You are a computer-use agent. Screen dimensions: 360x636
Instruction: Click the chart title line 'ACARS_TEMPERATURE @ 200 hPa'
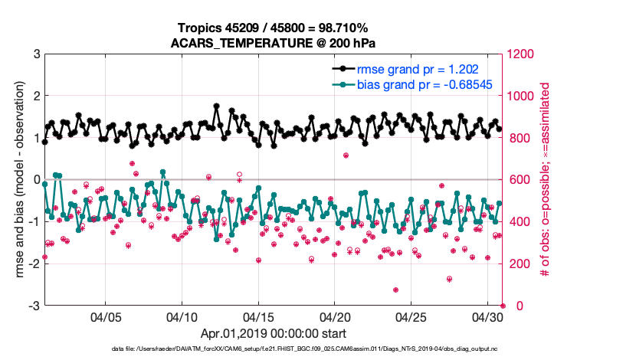[x=274, y=43]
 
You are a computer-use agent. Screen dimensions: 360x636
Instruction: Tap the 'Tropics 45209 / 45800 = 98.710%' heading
[x=274, y=28]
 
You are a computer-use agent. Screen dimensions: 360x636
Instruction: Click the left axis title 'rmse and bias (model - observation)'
[x=17, y=180]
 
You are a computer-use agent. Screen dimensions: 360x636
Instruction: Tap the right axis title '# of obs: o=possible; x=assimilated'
[x=546, y=180]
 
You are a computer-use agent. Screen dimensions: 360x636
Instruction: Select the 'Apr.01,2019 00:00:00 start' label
[x=274, y=334]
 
